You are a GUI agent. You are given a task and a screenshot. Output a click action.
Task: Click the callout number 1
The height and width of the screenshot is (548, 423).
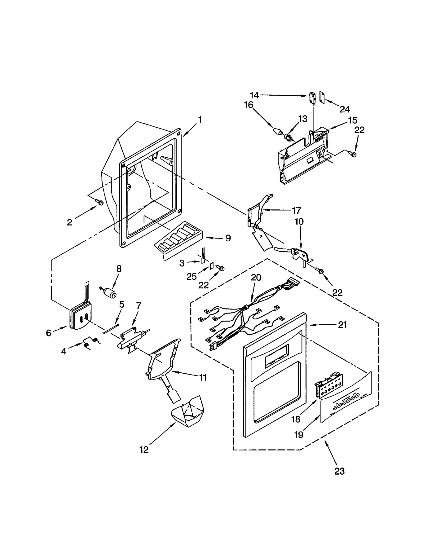pyautogui.click(x=200, y=120)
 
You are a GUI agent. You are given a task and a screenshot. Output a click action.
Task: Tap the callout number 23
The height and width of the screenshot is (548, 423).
pyautogui.click(x=339, y=471)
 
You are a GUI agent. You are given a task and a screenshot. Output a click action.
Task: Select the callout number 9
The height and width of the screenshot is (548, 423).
pyautogui.click(x=228, y=238)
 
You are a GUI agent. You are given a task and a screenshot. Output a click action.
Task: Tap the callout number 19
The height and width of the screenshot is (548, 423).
pyautogui.click(x=298, y=435)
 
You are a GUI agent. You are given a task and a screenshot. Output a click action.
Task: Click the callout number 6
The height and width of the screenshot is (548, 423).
pyautogui.click(x=48, y=333)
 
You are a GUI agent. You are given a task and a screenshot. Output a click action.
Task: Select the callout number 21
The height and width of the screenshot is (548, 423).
pyautogui.click(x=342, y=325)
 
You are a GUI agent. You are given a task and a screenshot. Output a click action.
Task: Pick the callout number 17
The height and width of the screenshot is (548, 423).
pyautogui.click(x=296, y=210)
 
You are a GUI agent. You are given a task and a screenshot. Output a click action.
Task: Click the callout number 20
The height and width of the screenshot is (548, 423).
pyautogui.click(x=256, y=277)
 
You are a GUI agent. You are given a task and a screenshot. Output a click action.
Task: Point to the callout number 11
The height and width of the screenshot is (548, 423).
pyautogui.click(x=203, y=378)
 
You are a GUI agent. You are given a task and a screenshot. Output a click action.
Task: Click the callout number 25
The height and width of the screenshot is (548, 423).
pyautogui.click(x=191, y=277)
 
